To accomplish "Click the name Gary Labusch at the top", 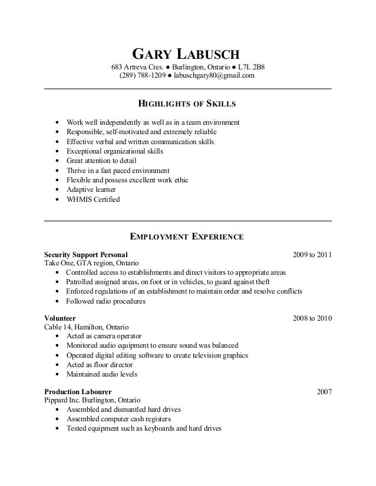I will (187, 56).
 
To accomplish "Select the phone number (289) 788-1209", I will (143, 75).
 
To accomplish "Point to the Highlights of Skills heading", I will (187, 105).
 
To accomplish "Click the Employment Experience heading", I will (186, 237).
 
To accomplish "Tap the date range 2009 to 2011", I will (312, 255).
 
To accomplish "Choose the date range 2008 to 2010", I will (312, 318).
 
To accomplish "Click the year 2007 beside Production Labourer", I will (324, 391).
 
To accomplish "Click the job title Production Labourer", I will (78, 391).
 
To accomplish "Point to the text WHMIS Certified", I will (93, 199).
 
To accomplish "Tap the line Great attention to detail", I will (101, 161).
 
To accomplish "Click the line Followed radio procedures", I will (105, 301).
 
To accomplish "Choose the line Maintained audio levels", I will (101, 374).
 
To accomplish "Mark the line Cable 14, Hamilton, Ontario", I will (86, 327).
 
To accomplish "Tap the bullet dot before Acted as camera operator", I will (56, 336).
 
